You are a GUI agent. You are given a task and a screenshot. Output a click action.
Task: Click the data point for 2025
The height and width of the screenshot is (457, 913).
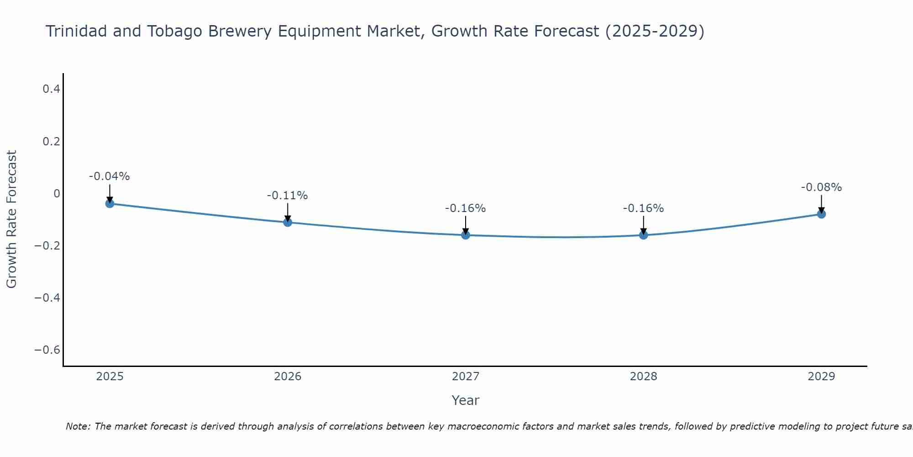(110, 203)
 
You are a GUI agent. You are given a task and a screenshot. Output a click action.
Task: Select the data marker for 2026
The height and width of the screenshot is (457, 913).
(288, 222)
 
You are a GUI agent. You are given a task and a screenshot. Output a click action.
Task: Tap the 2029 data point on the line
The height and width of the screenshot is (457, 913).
(821, 214)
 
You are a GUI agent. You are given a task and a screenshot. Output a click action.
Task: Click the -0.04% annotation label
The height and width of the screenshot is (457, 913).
(110, 176)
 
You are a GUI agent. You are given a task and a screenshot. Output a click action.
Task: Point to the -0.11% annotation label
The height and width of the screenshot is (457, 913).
(287, 196)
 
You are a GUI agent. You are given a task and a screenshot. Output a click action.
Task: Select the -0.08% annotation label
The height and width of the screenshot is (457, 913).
(821, 187)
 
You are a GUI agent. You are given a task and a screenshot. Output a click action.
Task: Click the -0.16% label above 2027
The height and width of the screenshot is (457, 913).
(465, 208)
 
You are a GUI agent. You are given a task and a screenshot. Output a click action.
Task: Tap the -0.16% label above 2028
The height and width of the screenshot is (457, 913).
(643, 208)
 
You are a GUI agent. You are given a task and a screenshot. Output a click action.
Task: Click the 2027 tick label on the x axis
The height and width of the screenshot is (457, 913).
(465, 377)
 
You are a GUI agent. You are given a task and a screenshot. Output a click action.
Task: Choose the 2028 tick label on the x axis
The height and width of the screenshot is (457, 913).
(643, 377)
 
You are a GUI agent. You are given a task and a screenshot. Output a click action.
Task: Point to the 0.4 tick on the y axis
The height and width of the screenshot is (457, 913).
(52, 89)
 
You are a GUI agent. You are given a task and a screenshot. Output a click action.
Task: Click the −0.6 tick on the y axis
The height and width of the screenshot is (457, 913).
(47, 350)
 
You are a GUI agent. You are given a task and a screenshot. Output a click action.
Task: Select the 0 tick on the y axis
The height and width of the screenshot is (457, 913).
(57, 193)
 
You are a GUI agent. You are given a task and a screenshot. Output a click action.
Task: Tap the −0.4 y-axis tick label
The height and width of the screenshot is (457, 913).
(47, 298)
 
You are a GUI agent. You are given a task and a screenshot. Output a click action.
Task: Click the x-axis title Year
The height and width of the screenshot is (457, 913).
(465, 401)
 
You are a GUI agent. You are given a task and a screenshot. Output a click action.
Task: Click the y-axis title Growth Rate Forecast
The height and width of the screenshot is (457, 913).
(12, 219)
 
